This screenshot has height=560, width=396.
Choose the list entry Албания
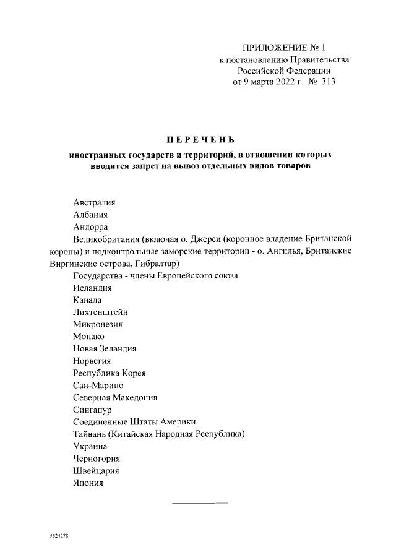(x=90, y=215)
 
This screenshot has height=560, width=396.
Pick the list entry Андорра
(x=90, y=227)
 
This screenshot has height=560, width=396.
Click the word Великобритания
(x=106, y=239)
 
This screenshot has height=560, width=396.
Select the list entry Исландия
(x=92, y=288)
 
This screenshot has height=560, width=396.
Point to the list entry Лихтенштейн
(x=100, y=312)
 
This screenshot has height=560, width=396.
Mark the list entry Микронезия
(x=98, y=324)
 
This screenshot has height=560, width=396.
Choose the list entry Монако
(x=88, y=336)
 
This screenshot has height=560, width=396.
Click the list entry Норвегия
(x=92, y=360)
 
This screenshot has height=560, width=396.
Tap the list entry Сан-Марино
(x=98, y=385)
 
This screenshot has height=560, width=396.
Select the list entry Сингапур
(x=93, y=409)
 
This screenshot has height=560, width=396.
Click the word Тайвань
(x=90, y=433)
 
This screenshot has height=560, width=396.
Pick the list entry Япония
(x=88, y=482)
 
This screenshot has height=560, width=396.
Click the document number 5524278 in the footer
(x=59, y=535)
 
